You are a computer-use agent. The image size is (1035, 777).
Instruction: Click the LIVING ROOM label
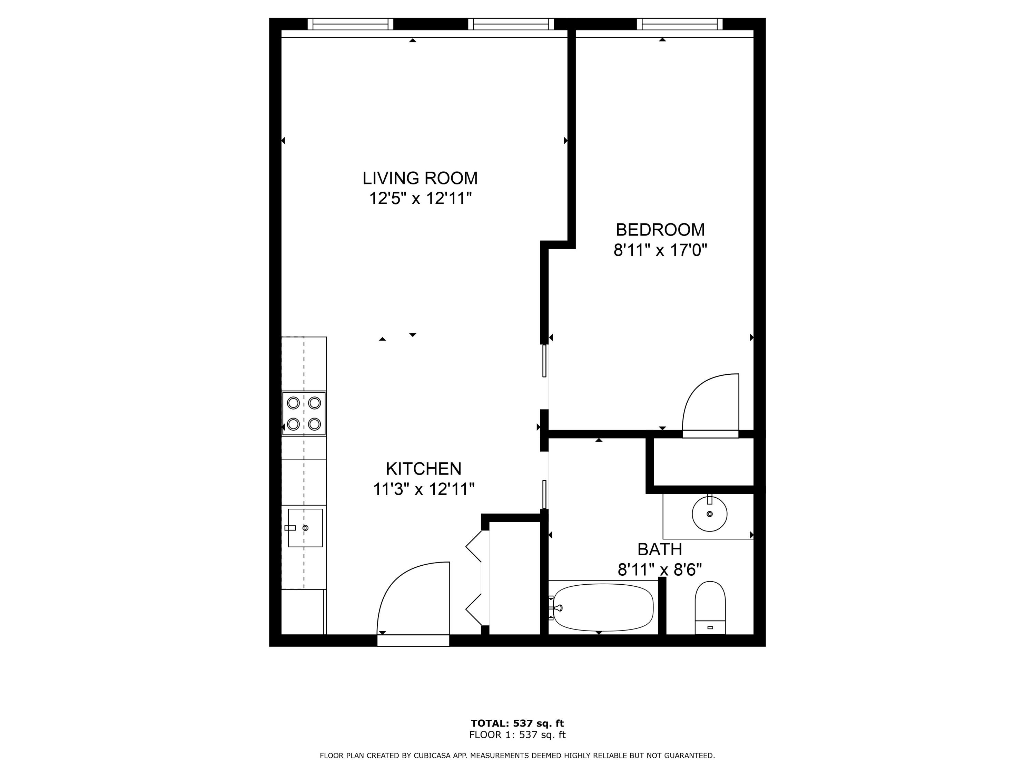pos(420,179)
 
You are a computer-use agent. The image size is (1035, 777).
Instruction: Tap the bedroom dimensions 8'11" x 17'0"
pos(660,251)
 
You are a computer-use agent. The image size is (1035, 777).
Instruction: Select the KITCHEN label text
pos(423,469)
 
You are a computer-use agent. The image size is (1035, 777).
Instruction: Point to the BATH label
pos(660,549)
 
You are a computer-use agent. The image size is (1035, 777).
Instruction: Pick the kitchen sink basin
pos(305,528)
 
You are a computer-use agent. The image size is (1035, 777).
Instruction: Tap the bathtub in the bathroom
pos(603,607)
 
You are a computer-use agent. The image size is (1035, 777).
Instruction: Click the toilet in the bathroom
pos(710,607)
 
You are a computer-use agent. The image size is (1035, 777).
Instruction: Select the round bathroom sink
pos(709,514)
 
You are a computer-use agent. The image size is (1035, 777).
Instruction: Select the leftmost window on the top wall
pos(350,24)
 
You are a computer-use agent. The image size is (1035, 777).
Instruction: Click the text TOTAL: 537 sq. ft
pos(517,723)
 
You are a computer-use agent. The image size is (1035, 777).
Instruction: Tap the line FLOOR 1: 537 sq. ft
pos(517,735)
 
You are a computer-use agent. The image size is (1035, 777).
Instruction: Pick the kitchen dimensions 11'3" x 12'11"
pos(423,489)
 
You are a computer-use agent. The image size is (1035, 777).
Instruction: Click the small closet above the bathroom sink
pos(703,462)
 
